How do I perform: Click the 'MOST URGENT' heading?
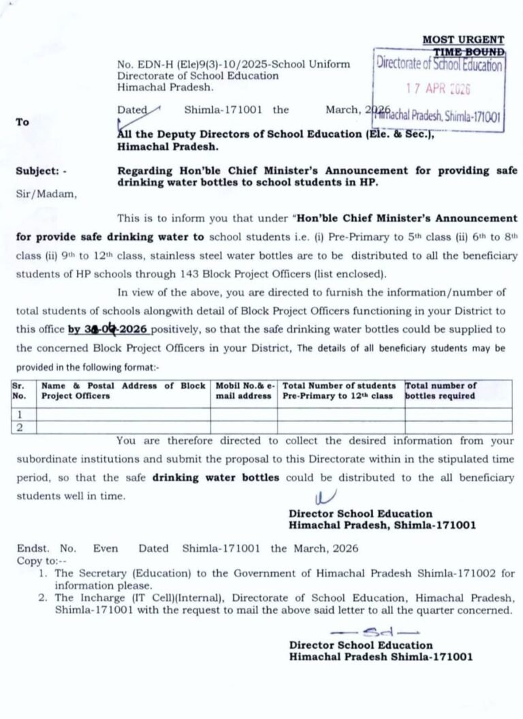463,40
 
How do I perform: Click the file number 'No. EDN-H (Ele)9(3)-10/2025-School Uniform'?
234,64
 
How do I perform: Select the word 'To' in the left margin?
22,122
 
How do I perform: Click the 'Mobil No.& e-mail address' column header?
244,391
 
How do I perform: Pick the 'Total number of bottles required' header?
441,391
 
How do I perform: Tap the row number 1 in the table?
20,414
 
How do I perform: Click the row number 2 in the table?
20,427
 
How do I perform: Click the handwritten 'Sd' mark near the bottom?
373,630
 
